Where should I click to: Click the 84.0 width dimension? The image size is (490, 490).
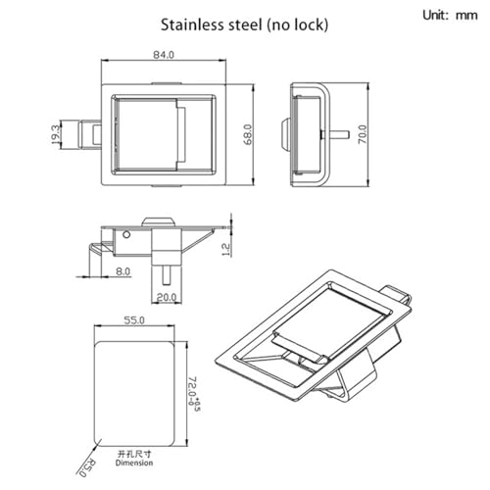[164, 55]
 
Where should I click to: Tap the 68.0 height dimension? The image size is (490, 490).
[248, 134]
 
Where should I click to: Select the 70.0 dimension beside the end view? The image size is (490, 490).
[363, 134]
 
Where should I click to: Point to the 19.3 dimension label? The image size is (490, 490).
[56, 134]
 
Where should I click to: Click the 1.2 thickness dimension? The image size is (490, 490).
[226, 250]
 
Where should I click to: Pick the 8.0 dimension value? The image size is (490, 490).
[122, 271]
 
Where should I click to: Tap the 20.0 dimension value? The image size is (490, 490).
[167, 297]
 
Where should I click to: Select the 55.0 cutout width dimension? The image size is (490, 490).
[134, 320]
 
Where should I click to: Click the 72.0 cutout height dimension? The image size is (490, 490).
[194, 394]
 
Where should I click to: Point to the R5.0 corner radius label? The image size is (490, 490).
[87, 468]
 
